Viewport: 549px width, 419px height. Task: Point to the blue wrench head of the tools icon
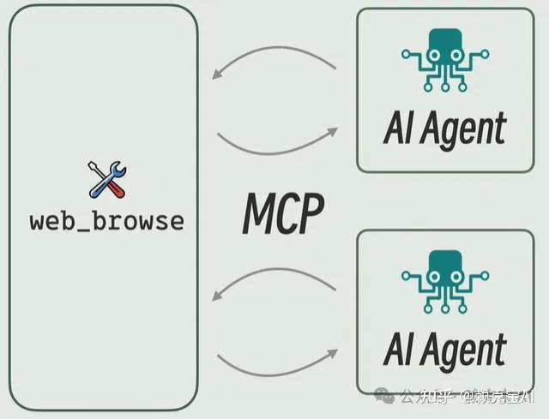tap(95, 167)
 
